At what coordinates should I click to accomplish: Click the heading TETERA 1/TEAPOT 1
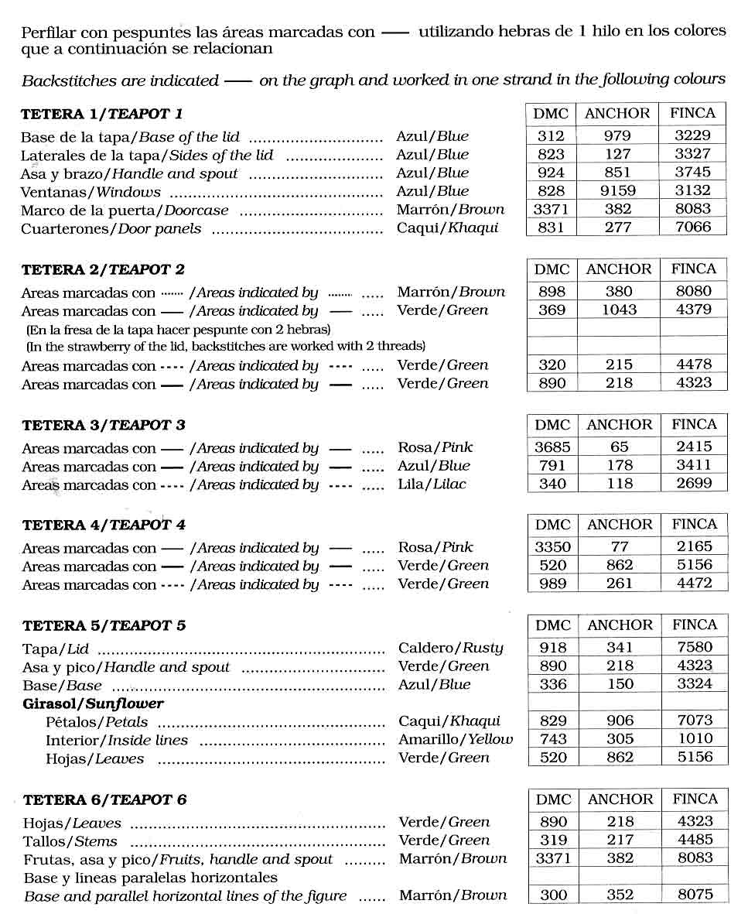101,114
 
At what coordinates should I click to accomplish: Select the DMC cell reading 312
551,135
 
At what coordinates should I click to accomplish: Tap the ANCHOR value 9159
617,190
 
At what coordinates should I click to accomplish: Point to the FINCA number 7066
692,228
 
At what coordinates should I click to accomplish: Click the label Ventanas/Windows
91,192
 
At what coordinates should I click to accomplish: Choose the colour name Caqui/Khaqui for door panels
448,228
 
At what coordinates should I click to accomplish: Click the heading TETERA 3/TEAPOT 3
104,425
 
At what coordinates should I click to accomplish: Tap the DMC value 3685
552,447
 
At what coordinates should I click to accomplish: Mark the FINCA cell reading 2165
694,546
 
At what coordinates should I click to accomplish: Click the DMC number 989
553,584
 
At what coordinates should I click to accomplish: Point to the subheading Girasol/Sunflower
94,703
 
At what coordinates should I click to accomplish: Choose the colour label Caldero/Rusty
450,648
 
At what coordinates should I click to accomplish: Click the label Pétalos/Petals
97,722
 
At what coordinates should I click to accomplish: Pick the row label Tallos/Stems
70,841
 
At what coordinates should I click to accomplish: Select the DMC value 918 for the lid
553,648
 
